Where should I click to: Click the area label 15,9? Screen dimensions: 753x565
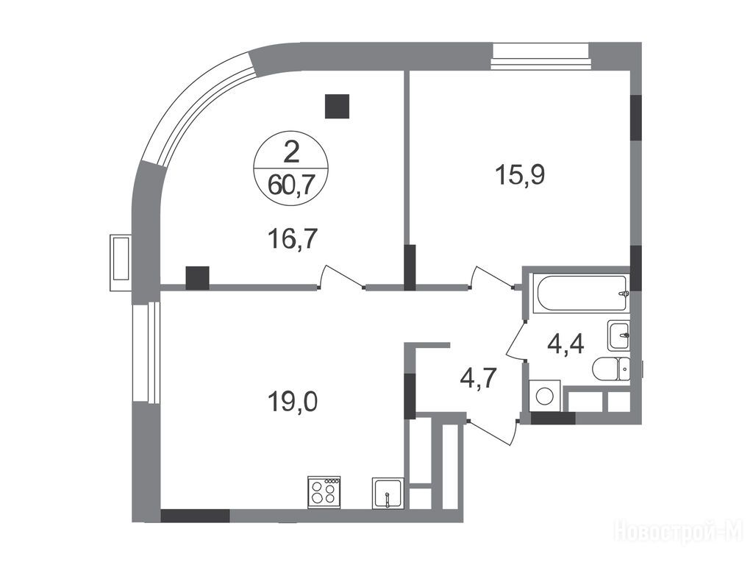520,174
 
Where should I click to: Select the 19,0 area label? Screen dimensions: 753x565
293,401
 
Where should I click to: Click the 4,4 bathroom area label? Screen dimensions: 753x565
566,344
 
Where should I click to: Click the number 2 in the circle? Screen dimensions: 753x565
291,152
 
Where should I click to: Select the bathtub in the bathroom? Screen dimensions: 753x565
582,294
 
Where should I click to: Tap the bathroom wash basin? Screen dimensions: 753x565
618,335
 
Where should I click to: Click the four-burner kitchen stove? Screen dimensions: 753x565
324,492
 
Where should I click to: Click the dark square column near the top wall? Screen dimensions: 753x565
337,106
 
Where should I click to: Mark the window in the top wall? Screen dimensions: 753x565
540,56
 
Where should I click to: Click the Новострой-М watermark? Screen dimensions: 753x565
682,531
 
